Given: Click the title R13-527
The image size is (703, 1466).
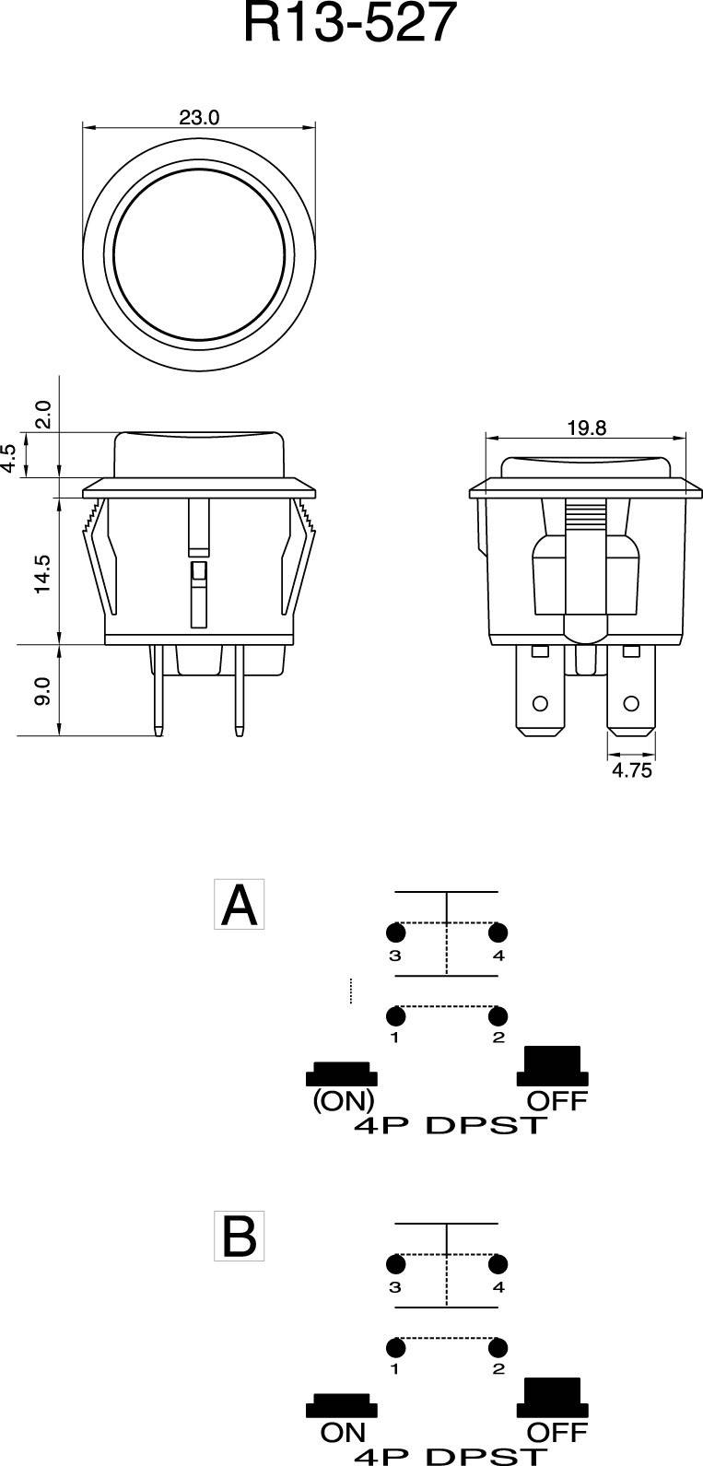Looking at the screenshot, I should coord(350,26).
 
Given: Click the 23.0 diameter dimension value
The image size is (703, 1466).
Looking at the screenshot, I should coord(199,118).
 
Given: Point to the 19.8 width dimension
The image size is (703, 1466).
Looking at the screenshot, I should coord(587,428).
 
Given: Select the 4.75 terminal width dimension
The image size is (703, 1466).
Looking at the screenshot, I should coord(631,770).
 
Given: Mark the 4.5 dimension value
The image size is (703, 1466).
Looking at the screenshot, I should coord(8,459).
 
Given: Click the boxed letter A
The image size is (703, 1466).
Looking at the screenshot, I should coord(240,905).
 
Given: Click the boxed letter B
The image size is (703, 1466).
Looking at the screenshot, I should coord(240,1237).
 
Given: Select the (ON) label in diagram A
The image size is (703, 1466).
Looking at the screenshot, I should coord(343,1100).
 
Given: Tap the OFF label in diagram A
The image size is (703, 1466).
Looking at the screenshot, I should coord(557,1100).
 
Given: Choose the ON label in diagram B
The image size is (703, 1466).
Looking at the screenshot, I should coord(343,1433).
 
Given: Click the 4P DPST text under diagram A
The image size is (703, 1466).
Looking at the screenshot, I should coord(451,1125).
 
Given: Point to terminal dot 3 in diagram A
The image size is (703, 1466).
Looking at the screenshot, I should coord(396,932).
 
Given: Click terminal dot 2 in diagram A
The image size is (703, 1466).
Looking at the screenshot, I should coord(498,1016).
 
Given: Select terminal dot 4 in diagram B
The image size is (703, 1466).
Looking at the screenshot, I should coord(498,1263).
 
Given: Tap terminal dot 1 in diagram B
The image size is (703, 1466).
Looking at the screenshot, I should coord(396,1347).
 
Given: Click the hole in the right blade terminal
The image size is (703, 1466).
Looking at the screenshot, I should coord(631,704).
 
